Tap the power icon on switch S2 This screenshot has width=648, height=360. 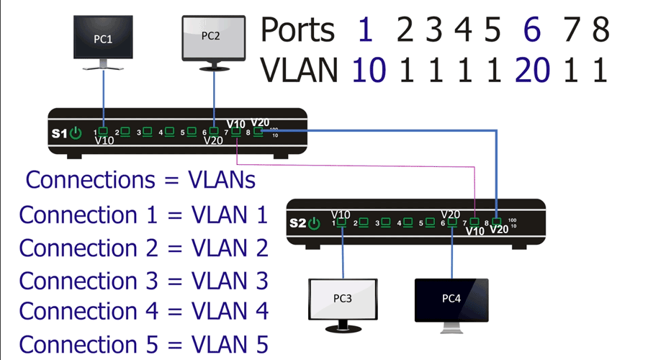[314, 223]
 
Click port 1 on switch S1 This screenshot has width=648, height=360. [104, 131]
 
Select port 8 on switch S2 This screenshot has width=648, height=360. [497, 222]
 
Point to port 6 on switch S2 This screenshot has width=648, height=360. [451, 222]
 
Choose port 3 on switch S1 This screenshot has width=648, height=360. [148, 132]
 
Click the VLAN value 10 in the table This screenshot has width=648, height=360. [369, 70]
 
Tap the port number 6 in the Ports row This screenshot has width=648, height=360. [531, 30]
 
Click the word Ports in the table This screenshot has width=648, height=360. [297, 30]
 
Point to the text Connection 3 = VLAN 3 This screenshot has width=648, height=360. [143, 279]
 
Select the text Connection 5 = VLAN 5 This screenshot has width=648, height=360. [143, 343]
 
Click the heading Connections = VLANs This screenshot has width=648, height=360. [140, 180]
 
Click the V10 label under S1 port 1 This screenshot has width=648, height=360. [104, 141]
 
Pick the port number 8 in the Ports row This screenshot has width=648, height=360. [600, 30]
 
